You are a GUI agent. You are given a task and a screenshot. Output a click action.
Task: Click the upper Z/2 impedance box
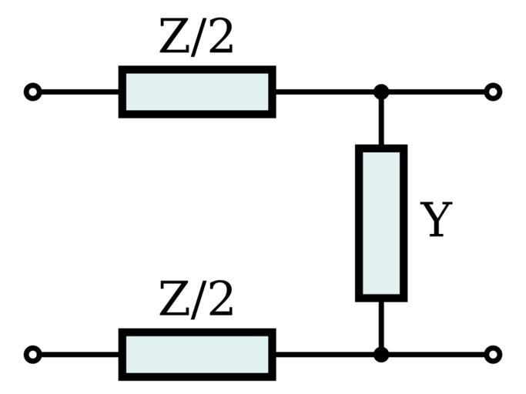point(197,92)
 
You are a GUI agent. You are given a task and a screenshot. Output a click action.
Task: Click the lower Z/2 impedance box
point(197,355)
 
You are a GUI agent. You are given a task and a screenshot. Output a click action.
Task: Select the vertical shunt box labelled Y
point(380,222)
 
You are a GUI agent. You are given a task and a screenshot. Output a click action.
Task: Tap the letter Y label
point(436,221)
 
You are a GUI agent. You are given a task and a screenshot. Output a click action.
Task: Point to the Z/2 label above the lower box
point(196,300)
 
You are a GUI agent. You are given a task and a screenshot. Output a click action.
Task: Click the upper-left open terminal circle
point(32,92)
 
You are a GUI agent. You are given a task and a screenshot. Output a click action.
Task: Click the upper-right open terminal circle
point(493,92)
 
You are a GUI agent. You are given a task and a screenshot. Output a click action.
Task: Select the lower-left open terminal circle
point(32,355)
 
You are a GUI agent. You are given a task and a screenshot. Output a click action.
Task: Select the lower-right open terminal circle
point(493,355)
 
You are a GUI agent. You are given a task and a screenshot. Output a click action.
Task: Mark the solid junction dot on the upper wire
point(380,92)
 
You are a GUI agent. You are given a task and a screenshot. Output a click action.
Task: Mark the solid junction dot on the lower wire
point(380,355)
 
